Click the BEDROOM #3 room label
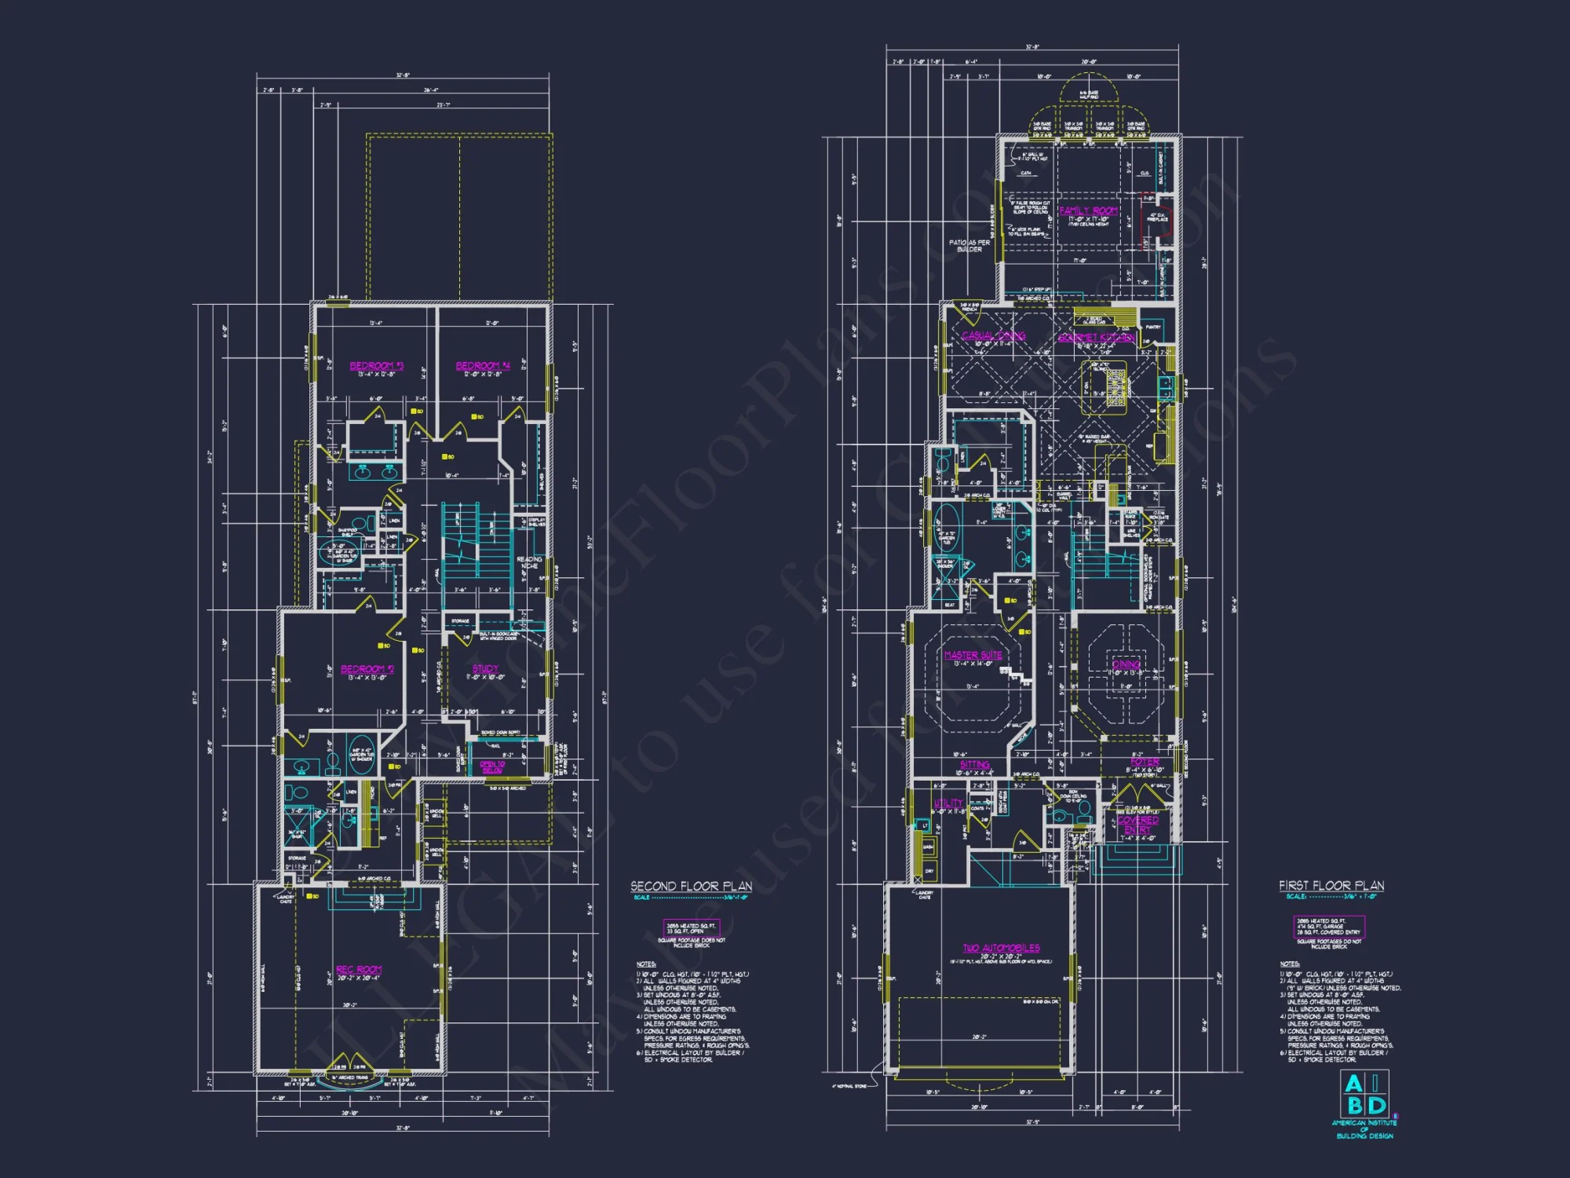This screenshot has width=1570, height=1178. click(x=376, y=366)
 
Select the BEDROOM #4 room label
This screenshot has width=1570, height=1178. click(x=483, y=366)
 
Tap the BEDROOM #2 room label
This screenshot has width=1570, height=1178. click(x=367, y=669)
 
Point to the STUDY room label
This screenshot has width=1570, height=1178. click(x=485, y=669)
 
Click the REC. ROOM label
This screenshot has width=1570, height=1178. click(x=359, y=970)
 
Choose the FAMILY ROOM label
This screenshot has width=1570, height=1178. click(x=1088, y=210)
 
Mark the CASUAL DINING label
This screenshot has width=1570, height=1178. click(x=993, y=336)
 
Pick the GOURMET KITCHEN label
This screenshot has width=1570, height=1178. click(x=1096, y=338)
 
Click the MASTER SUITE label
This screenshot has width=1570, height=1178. click(x=973, y=655)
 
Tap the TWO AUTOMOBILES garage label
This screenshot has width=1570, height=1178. click(x=1001, y=948)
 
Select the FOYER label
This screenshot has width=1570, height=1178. click(x=1145, y=762)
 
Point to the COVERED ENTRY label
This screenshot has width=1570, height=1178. click(x=1137, y=825)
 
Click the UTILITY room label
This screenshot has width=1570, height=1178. click(x=948, y=803)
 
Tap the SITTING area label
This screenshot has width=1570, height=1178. click(x=974, y=765)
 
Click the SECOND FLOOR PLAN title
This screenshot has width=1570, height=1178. click(x=691, y=886)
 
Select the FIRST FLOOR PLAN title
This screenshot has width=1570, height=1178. click(x=1331, y=885)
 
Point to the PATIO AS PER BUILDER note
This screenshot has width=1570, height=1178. click(x=969, y=246)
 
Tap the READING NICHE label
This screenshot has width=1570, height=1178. click(x=529, y=562)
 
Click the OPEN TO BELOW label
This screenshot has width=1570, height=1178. click(x=492, y=766)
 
